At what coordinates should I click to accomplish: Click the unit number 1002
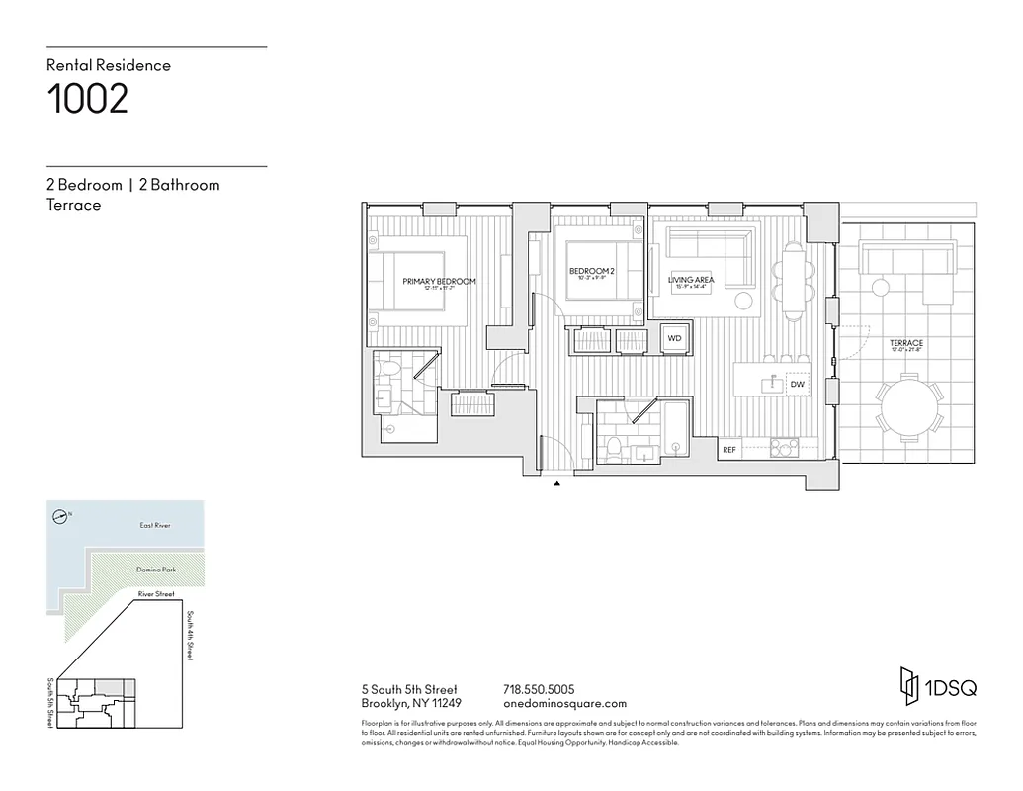click(88, 100)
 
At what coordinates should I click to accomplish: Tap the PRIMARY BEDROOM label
click(439, 282)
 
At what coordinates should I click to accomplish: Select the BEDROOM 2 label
click(592, 272)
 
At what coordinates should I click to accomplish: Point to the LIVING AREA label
click(691, 281)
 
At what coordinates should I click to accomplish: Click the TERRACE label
click(905, 344)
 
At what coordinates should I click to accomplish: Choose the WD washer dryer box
click(674, 338)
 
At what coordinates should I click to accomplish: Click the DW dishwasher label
click(797, 383)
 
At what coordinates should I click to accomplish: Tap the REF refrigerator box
click(729, 450)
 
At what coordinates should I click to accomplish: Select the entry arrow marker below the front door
click(557, 483)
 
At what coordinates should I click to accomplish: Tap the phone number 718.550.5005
click(539, 689)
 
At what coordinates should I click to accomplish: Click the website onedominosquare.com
click(564, 704)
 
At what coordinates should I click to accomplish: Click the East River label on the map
click(154, 526)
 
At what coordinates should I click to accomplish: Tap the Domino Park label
click(156, 571)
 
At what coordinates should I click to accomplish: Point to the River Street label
click(156, 594)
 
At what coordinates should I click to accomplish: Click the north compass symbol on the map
click(61, 514)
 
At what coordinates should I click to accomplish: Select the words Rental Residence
click(109, 65)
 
